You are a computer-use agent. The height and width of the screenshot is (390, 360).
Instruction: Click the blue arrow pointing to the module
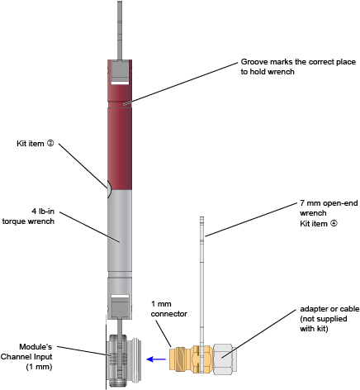tap(156, 359)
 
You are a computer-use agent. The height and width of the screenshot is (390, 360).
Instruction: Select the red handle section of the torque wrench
tap(120, 125)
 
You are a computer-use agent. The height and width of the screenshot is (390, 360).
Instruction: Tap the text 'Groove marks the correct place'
tap(298, 62)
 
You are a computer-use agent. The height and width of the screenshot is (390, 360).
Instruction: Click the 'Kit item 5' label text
tap(36, 144)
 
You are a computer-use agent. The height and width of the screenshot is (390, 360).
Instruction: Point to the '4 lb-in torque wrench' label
tap(28, 216)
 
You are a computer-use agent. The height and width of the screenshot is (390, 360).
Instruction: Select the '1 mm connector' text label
tap(169, 309)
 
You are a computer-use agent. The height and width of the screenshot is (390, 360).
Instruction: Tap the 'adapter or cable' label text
tap(329, 309)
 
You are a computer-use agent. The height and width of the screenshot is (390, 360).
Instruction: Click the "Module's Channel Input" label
tap(26, 356)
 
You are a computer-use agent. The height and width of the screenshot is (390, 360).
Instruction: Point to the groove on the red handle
tap(120, 105)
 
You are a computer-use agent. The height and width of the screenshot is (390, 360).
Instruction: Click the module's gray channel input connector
tap(124, 360)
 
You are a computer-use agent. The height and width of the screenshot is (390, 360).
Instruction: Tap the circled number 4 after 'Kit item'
tap(334, 223)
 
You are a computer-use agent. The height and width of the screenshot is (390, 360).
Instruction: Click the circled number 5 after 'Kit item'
tap(50, 143)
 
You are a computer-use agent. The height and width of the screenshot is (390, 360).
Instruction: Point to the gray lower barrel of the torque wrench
tap(120, 231)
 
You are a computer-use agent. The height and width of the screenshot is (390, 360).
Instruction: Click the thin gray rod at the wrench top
tap(120, 31)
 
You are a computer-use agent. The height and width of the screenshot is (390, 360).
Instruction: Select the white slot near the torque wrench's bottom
tap(120, 297)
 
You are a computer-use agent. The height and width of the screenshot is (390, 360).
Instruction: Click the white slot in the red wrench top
tap(120, 83)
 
